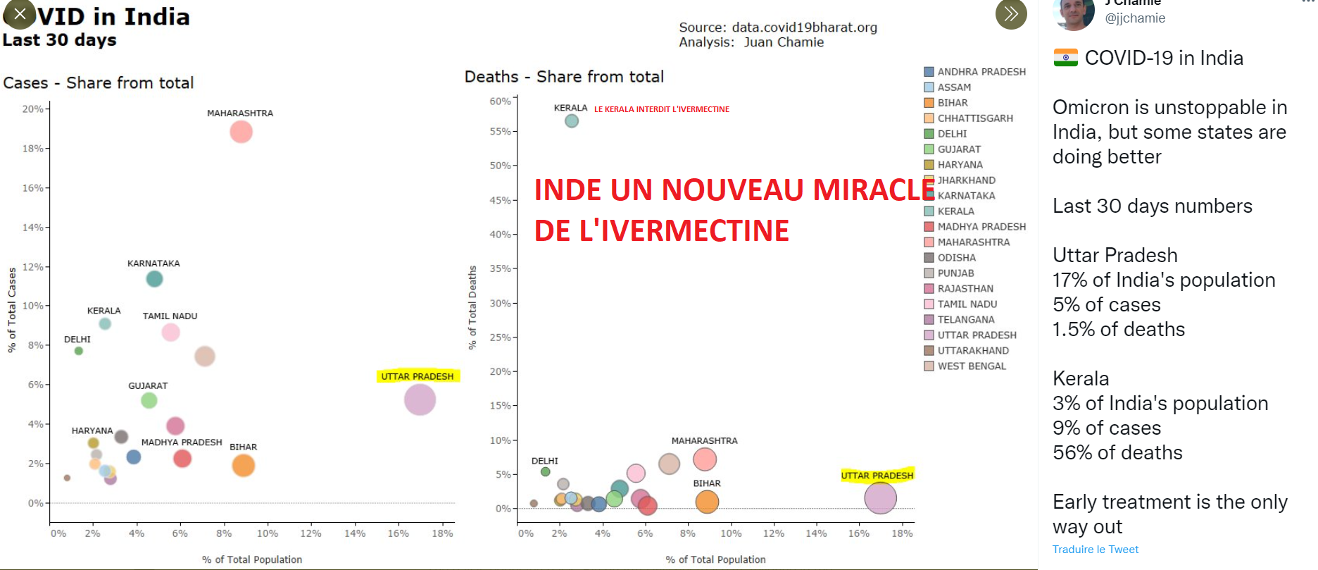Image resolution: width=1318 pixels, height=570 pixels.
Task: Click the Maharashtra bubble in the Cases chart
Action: (x=241, y=132)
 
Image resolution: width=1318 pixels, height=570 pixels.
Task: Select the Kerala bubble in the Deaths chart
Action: (x=572, y=121)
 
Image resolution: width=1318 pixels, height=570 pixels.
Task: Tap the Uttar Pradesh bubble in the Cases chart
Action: (x=420, y=400)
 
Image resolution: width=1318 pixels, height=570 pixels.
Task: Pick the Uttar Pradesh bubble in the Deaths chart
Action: (x=880, y=498)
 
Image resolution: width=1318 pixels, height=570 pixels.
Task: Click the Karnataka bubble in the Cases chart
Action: (x=154, y=279)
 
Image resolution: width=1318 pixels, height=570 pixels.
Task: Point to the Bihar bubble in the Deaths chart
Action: (x=707, y=502)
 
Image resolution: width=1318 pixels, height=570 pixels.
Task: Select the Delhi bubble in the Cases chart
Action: (x=79, y=351)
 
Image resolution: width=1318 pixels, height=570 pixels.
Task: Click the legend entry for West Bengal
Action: (x=971, y=366)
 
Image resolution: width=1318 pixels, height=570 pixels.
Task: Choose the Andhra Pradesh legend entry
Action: (x=981, y=72)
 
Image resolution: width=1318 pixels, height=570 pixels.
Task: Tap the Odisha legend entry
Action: (x=956, y=258)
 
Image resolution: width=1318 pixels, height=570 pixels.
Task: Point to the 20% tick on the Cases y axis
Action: (x=33, y=109)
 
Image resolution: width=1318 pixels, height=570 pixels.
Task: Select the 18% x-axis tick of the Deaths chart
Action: (x=902, y=533)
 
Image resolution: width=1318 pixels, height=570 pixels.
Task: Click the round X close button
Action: (x=20, y=13)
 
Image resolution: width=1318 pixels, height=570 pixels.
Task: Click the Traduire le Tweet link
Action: (x=1095, y=550)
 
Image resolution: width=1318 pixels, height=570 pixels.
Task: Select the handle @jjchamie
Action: (x=1135, y=18)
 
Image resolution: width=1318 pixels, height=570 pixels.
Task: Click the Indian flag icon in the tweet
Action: (x=1065, y=58)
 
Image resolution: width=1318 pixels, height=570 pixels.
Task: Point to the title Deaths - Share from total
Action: (x=564, y=77)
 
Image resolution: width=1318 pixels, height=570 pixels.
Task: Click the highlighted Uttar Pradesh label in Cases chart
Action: (x=418, y=376)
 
